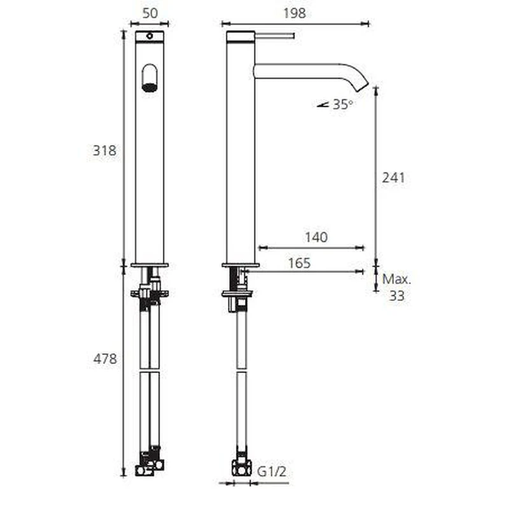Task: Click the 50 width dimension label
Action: click(150, 13)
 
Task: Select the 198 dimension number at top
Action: click(295, 13)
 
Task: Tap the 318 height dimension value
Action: click(104, 150)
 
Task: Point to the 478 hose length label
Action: click(105, 359)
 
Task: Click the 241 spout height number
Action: click(393, 178)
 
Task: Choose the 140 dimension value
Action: click(316, 237)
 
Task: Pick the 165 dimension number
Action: click(299, 263)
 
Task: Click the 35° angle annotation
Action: click(343, 104)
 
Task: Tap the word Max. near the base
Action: click(396, 279)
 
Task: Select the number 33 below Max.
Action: click(396, 296)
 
